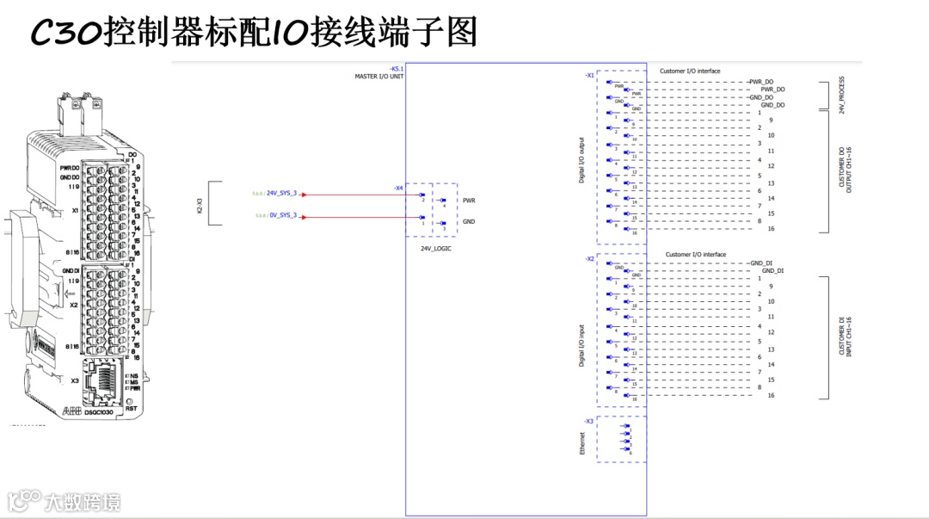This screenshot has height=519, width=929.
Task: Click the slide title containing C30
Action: (253, 34)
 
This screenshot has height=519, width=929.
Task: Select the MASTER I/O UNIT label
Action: (379, 77)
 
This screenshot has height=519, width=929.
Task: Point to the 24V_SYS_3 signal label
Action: (281, 194)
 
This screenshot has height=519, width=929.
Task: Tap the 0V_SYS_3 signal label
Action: (281, 215)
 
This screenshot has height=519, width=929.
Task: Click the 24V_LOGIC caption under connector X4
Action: (436, 248)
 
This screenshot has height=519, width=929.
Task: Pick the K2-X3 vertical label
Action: (200, 204)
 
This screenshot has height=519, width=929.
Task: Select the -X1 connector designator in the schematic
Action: (589, 76)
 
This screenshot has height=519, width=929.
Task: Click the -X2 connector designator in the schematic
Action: (589, 258)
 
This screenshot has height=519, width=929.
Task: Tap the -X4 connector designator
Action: (398, 188)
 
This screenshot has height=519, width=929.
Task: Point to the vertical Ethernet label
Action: (582, 443)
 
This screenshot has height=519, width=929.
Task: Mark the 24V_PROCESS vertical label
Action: (842, 95)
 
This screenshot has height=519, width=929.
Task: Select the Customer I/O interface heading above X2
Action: (695, 255)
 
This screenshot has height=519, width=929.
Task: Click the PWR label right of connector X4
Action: (469, 200)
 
